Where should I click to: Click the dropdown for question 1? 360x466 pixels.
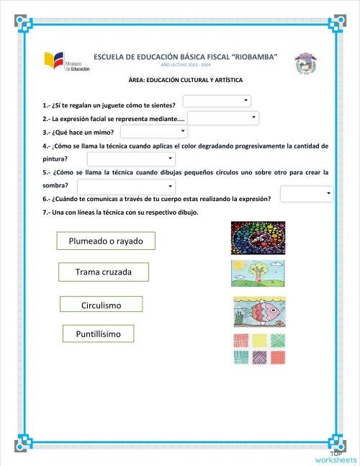[217, 102]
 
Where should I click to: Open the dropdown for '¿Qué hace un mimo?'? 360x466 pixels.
[154, 132]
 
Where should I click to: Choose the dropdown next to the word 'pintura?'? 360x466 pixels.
[131, 158]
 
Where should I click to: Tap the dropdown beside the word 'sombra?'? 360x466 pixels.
[131, 187]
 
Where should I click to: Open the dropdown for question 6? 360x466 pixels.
[307, 194]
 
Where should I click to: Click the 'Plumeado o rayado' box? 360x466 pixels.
[106, 241]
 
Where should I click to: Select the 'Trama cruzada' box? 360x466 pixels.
[104, 272]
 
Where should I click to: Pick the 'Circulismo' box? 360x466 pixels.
[101, 305]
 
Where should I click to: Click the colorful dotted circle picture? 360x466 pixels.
[258, 238]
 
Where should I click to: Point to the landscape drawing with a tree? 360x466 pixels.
[258, 274]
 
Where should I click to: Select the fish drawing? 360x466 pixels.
[259, 311]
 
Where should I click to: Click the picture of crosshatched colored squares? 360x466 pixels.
[259, 349]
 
